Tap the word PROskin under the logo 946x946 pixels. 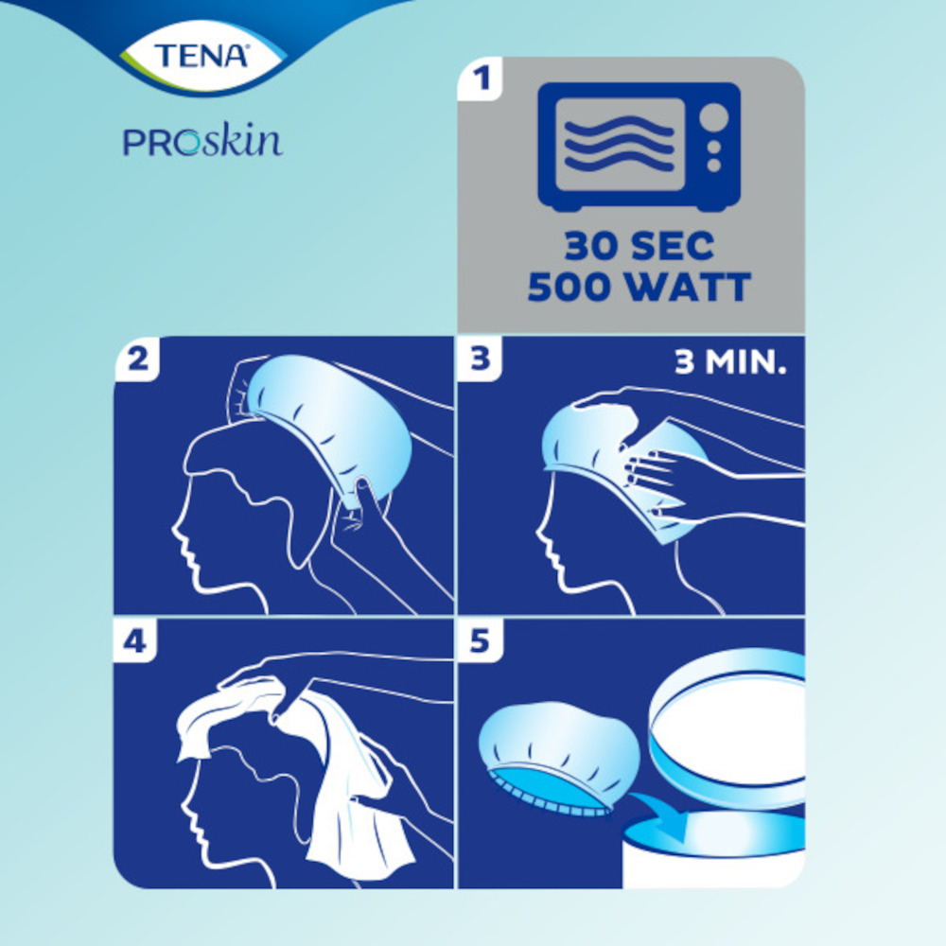click(x=202, y=142)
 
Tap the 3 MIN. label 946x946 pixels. click(x=730, y=364)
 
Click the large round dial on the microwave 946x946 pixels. click(x=713, y=117)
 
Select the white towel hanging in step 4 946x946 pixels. click(x=355, y=804)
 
